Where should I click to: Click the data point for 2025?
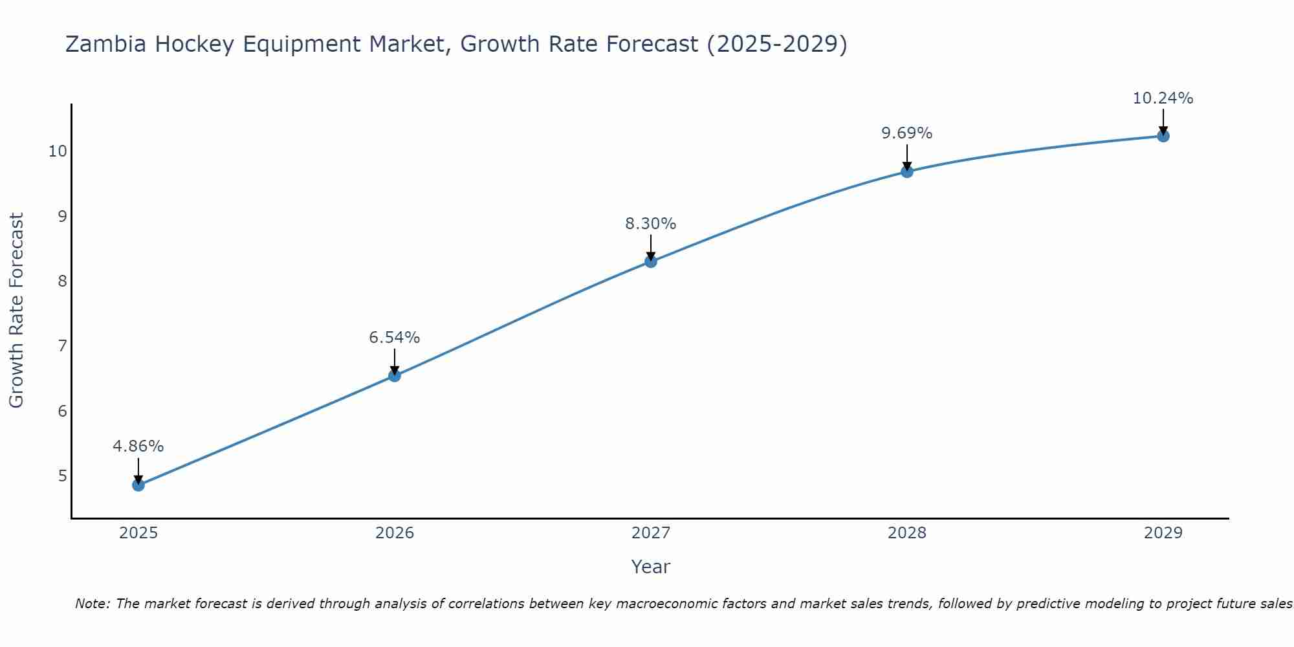coord(138,485)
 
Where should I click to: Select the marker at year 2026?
coord(395,375)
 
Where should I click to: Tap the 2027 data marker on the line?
coord(651,261)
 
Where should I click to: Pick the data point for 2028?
coord(907,171)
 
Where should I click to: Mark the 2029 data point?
coord(1163,136)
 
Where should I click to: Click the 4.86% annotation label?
coord(138,446)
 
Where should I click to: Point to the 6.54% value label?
coord(395,338)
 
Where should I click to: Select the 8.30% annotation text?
coord(651,224)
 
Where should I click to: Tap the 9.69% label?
coord(907,133)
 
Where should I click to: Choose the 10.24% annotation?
coord(1163,98)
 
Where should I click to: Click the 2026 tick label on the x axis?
coord(395,533)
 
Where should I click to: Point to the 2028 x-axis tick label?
coord(907,533)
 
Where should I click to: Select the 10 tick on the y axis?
coord(58,151)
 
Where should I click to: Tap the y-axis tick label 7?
coord(62,345)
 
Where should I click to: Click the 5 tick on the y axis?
coord(62,476)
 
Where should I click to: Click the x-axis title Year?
coord(651,567)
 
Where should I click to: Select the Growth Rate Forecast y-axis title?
coord(16,311)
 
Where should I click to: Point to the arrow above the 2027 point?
coord(651,247)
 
